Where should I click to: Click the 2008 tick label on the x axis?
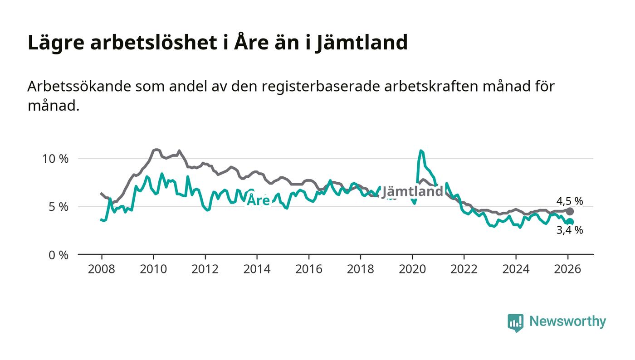[x=101, y=269]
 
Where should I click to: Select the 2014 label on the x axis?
[x=257, y=269]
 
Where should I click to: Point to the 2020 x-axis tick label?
[x=412, y=269]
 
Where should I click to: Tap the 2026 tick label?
[x=567, y=269]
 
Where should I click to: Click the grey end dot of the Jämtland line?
[x=570, y=211]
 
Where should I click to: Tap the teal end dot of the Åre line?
[x=570, y=222]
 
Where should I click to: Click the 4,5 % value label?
[x=570, y=201]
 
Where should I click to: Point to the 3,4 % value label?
[x=570, y=230]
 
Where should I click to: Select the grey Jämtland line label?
[x=412, y=192]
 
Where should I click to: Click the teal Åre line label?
[x=258, y=200]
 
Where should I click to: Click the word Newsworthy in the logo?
[x=567, y=321]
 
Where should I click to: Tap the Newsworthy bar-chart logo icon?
[x=515, y=322]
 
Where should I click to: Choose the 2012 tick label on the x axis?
[x=205, y=269]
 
